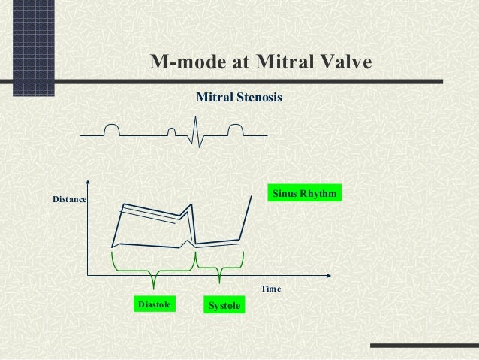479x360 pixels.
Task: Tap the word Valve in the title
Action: [x=344, y=62]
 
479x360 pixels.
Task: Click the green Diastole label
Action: [x=154, y=304]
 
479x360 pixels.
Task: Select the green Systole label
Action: [x=224, y=306]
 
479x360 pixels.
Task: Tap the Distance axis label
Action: [x=69, y=200]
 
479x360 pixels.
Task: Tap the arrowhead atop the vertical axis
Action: [x=89, y=183]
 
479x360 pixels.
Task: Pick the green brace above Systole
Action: [x=219, y=267]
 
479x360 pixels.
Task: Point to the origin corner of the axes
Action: [x=89, y=274]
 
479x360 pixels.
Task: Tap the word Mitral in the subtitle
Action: [x=212, y=97]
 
